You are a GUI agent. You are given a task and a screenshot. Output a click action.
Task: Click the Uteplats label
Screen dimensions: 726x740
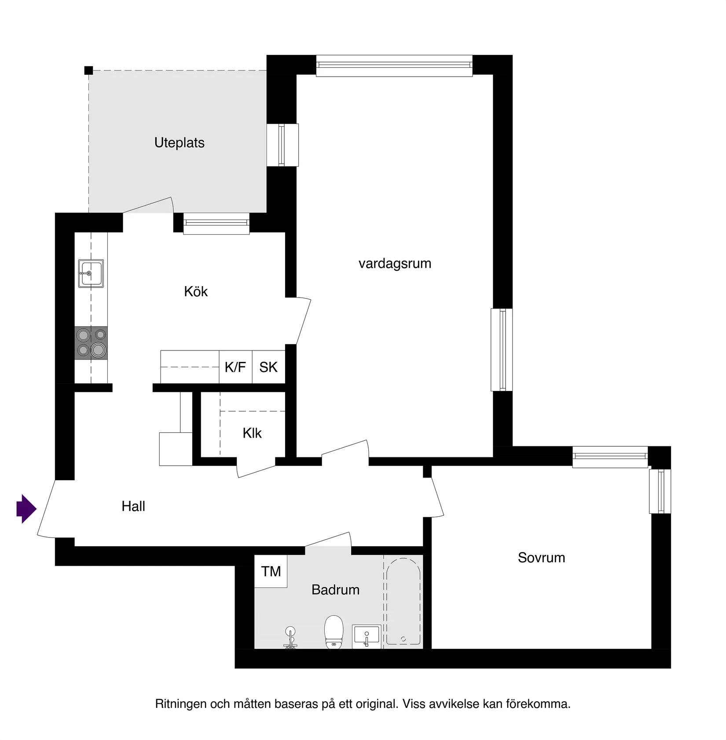(180, 143)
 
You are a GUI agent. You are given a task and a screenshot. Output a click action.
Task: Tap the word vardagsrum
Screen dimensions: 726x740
(395, 264)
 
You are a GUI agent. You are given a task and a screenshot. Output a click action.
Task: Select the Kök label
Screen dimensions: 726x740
(196, 291)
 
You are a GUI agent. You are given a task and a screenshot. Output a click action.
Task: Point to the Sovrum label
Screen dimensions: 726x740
(541, 558)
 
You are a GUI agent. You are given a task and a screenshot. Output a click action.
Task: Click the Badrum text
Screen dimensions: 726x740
(335, 590)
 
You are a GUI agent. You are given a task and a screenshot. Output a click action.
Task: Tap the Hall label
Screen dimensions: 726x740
(133, 506)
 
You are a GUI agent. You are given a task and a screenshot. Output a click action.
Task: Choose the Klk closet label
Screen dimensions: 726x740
(252, 433)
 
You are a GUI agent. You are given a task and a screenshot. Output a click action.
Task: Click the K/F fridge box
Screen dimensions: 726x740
(235, 367)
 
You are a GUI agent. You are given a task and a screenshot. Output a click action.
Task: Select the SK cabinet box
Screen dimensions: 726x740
(268, 367)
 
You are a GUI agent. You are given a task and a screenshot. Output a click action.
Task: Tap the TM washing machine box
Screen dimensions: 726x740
(271, 571)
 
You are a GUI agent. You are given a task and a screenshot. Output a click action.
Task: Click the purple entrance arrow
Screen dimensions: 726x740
(26, 509)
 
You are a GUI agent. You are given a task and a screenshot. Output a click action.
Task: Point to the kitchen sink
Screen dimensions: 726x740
(91, 273)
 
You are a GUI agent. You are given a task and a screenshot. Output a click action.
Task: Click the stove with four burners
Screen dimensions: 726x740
(91, 343)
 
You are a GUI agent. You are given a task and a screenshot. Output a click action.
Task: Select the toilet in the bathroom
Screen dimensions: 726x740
(334, 632)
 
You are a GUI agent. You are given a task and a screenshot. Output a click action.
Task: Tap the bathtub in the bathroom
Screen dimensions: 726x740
(403, 602)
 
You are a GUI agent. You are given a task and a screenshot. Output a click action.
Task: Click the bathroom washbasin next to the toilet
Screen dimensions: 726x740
(367, 637)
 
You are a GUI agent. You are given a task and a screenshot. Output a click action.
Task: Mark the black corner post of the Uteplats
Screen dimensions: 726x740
(88, 70)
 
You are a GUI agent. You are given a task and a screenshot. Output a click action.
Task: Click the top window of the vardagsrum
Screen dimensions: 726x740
(394, 66)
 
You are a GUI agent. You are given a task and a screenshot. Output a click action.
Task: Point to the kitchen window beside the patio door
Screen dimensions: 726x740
(216, 223)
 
